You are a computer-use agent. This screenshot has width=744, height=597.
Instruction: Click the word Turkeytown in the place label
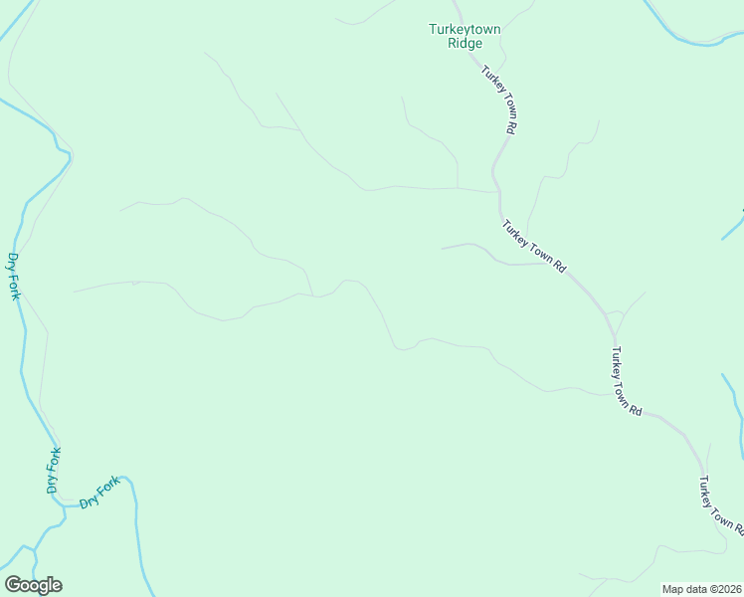pos(465,30)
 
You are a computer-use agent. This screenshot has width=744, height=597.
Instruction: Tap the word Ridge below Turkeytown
pos(465,43)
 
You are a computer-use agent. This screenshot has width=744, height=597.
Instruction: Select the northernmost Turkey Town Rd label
pos(498,99)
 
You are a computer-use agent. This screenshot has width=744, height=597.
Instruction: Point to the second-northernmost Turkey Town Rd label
pos(534,247)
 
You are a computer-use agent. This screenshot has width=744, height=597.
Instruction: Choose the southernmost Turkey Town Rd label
pos(719,506)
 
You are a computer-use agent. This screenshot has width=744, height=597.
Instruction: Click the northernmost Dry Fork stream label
pos(14,276)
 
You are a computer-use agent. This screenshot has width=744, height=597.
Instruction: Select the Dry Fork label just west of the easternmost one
pos(54,471)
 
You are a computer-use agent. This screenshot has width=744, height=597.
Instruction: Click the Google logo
pos(33,585)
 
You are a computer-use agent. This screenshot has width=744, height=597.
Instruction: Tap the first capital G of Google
pos(13,585)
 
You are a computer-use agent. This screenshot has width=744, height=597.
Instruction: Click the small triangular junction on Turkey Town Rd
pos(615,315)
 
